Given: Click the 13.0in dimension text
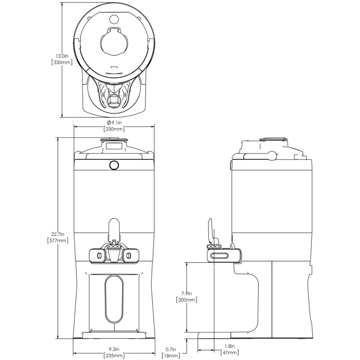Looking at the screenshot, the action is (62, 56).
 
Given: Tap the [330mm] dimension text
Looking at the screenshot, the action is (62, 62).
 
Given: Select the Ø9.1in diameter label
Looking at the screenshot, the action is (114, 123).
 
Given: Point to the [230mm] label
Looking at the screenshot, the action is (114, 129).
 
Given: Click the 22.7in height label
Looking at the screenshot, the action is (58, 234).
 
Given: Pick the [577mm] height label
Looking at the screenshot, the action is (58, 240).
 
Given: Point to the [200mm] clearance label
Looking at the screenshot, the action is (186, 305).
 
